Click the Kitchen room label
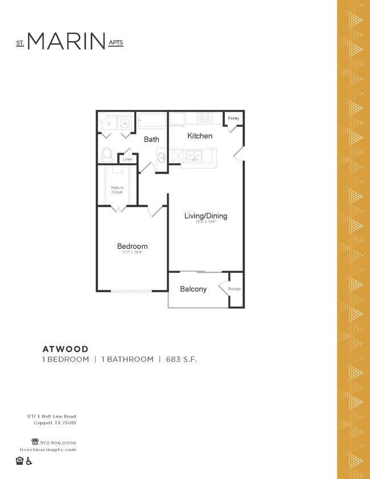click(200, 136)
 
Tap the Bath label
click(151, 140)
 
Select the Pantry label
click(233, 118)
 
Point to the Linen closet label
click(128, 159)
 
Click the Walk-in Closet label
click(117, 190)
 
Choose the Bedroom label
click(132, 247)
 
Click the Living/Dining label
click(205, 216)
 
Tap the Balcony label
click(193, 289)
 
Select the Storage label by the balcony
click(234, 289)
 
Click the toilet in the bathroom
click(107, 154)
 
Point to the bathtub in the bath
click(152, 121)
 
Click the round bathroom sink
click(161, 157)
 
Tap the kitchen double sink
click(194, 155)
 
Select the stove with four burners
click(205, 118)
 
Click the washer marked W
click(124, 123)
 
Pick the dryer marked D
click(108, 123)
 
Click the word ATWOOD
click(65, 349)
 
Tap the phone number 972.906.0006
click(57, 443)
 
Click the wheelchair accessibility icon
click(29, 461)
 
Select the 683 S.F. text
click(182, 359)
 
